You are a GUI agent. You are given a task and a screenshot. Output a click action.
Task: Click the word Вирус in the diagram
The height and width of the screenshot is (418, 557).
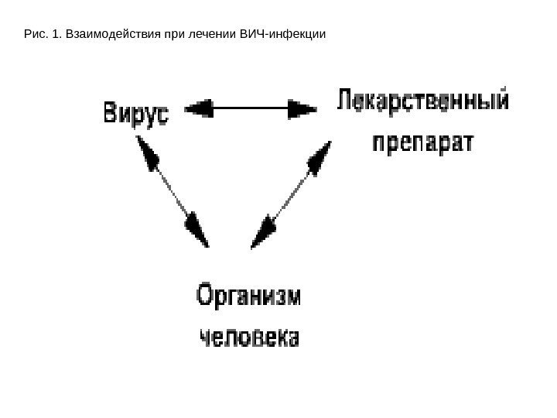point(136,113)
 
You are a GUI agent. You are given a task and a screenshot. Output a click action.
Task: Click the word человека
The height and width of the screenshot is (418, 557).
point(249,338)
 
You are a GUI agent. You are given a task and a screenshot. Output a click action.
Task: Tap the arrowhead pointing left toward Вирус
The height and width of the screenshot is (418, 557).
point(199,108)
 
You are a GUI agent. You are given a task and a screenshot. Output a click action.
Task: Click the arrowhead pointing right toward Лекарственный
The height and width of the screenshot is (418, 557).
point(302,108)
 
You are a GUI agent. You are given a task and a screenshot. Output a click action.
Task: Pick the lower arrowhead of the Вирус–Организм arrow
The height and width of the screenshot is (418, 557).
point(196,231)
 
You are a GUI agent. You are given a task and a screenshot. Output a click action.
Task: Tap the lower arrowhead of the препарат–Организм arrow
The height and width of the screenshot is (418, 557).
point(265,231)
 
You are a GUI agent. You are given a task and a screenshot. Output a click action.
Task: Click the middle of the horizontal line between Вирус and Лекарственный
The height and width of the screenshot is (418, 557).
point(250,108)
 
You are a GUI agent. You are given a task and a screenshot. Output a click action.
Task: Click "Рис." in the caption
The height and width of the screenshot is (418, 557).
point(35,35)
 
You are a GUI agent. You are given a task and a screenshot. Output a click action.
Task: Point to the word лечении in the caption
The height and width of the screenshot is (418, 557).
point(199,35)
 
